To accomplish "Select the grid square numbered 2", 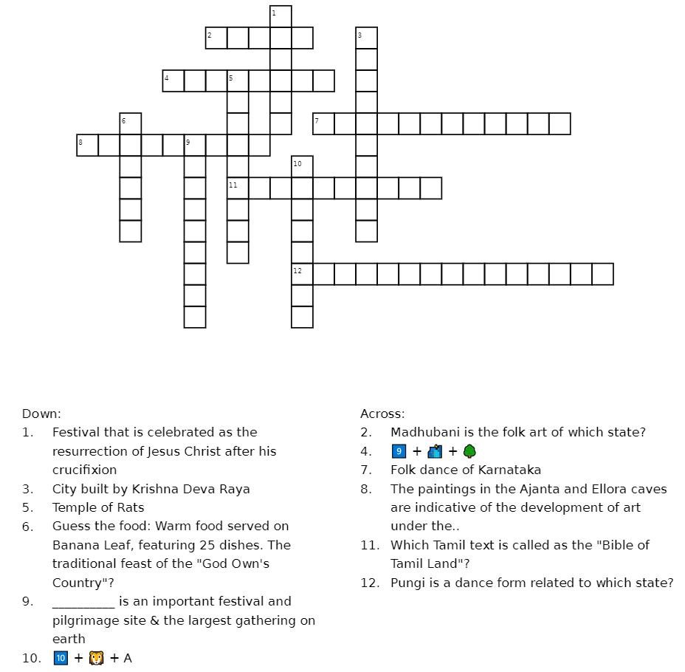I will (x=216, y=38).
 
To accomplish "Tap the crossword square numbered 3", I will (x=366, y=38).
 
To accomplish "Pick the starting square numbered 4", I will (x=173, y=81).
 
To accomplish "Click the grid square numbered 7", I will (x=323, y=124).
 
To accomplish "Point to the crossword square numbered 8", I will (x=88, y=145).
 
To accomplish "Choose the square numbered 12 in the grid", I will (x=302, y=274).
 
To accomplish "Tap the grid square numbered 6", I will (x=131, y=124).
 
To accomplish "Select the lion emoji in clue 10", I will (x=96, y=658).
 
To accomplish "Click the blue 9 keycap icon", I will (x=399, y=451).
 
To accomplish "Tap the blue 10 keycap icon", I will (x=61, y=658).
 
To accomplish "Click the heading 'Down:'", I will (x=41, y=414).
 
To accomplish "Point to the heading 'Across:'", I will (x=382, y=414).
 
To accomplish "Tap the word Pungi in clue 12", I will (x=408, y=583).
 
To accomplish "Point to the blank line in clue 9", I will (x=83, y=601).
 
